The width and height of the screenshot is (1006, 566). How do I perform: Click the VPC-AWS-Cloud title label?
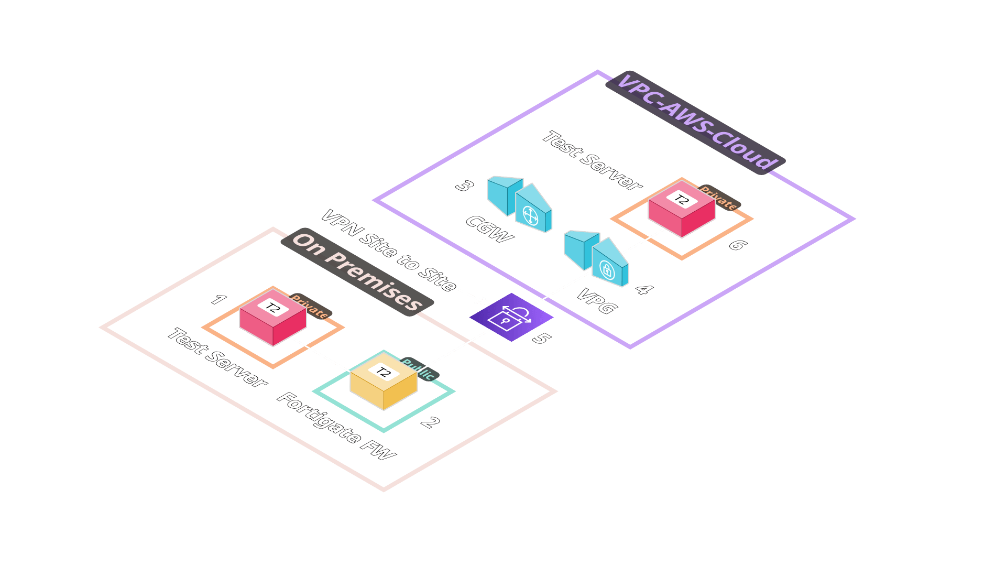(695, 123)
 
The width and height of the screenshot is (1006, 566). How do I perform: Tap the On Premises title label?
(357, 272)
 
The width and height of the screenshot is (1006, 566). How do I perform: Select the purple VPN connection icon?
(511, 317)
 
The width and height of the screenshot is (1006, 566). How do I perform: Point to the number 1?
(218, 300)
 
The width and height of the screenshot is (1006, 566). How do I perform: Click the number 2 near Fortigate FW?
(430, 422)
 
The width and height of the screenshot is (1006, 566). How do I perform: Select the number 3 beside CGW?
(464, 186)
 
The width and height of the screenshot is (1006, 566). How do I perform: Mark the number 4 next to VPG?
(644, 289)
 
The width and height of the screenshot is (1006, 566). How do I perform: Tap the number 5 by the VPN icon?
(541, 339)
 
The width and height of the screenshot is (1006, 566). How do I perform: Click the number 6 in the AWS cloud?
(737, 244)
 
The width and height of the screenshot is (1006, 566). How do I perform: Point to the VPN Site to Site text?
(388, 250)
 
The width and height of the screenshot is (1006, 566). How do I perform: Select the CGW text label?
(489, 229)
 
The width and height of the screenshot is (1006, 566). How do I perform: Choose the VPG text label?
(597, 301)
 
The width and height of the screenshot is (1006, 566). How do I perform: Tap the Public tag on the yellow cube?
(419, 369)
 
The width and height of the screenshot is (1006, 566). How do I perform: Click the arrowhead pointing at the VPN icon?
(485, 301)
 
